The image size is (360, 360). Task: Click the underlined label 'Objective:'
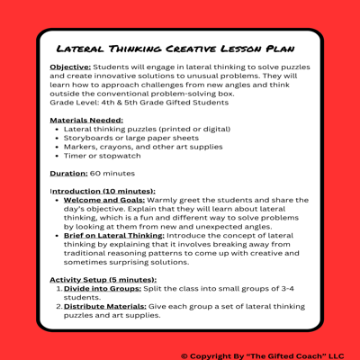[68, 68]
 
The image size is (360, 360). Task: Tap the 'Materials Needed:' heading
[86, 120]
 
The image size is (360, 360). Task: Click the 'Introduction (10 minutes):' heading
[103, 191]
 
